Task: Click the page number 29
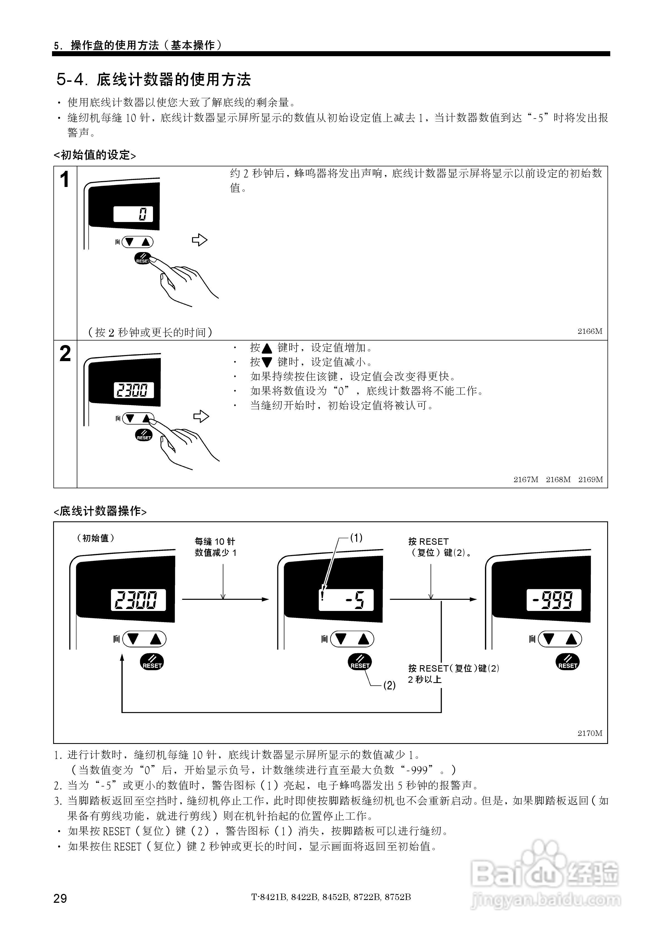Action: [60, 898]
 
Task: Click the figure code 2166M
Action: [590, 331]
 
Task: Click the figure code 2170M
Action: [590, 733]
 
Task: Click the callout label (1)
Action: [356, 538]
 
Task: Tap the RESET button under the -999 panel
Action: [568, 662]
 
